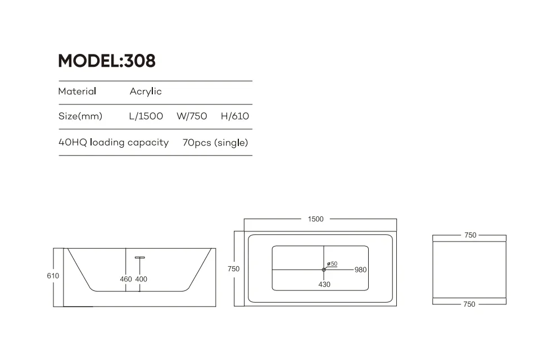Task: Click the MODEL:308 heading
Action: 107,61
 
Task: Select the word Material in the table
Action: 77,92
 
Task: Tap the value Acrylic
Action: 146,92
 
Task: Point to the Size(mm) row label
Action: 80,117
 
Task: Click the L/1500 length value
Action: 146,117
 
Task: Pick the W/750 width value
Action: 192,117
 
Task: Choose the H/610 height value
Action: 235,117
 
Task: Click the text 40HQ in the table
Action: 73,143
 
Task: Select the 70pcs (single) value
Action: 215,143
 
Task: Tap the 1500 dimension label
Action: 316,219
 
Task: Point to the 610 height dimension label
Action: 53,276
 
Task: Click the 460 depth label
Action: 126,279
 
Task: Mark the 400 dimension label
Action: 141,279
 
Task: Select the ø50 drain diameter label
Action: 332,263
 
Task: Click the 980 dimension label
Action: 360,270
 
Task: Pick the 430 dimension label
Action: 324,284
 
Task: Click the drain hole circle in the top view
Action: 324,270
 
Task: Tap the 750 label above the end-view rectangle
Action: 470,235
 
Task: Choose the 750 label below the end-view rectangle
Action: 469,304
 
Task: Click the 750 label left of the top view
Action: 233,269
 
